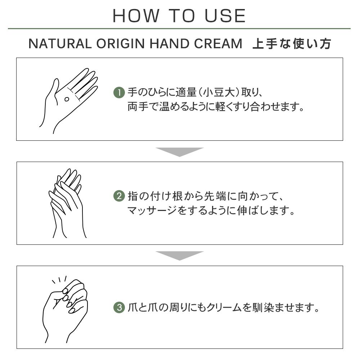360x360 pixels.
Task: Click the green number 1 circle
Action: pyautogui.click(x=119, y=93)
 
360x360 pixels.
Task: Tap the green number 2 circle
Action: pyautogui.click(x=119, y=196)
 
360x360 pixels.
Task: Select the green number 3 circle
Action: pyautogui.click(x=119, y=307)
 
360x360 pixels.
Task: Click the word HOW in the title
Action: pyautogui.click(x=136, y=16)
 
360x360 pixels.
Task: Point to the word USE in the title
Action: pyautogui.click(x=225, y=16)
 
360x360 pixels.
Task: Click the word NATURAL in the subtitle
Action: pyautogui.click(x=60, y=44)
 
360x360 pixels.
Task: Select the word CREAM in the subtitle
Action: pyautogui.click(x=218, y=44)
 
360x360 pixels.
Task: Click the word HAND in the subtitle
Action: pyautogui.click(x=170, y=44)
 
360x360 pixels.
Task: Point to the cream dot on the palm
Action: pyautogui.click(x=67, y=99)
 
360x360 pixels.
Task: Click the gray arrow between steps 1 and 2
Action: pyautogui.click(x=180, y=152)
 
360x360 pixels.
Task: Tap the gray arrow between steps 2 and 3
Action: pyautogui.click(x=180, y=256)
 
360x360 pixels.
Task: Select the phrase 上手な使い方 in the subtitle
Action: pyautogui.click(x=292, y=44)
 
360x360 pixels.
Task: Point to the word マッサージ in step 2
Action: pyautogui.click(x=152, y=211)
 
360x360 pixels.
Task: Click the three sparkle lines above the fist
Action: pyautogui.click(x=59, y=280)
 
